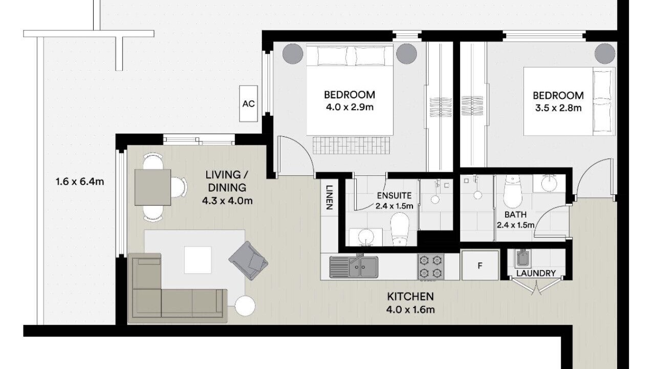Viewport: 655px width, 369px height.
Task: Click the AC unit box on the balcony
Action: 249,104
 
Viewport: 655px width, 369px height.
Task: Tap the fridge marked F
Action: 480,265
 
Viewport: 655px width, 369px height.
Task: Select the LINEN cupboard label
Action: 330,197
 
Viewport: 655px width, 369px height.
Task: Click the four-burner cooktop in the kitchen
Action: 431,266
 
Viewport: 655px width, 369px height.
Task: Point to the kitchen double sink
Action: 354,267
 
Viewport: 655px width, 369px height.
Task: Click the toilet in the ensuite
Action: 400,229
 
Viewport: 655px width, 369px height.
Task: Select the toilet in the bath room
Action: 513,192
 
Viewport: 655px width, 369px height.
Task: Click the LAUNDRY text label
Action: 536,273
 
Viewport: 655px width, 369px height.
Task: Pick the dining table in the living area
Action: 152,187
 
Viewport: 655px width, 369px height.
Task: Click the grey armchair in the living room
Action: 248,260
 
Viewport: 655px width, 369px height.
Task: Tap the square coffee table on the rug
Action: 198,260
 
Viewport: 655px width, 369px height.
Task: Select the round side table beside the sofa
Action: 245,306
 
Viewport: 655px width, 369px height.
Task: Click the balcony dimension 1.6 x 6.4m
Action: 80,182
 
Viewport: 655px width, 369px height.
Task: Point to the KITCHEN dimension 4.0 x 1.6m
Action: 410,310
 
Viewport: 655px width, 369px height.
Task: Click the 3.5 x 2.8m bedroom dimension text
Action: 558,108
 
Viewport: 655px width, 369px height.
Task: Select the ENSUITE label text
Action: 394,196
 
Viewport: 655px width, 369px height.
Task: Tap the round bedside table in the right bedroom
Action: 605,54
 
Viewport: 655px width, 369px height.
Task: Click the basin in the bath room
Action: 549,183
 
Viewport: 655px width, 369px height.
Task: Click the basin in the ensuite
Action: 366,237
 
